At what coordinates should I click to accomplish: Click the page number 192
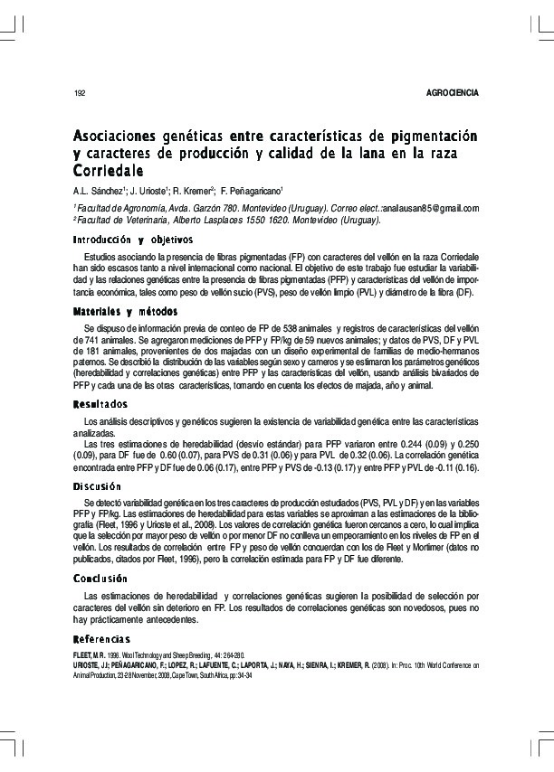[x=78, y=93]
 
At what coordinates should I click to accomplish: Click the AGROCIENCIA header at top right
[x=451, y=93]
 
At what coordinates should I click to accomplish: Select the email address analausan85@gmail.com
[x=430, y=207]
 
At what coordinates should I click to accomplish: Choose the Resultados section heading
[x=100, y=403]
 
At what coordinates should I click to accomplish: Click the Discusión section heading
[x=98, y=486]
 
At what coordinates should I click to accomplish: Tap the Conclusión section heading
[x=100, y=579]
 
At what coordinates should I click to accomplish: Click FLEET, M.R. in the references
[x=89, y=654]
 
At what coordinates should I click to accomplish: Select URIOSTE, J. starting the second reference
[x=91, y=664]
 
